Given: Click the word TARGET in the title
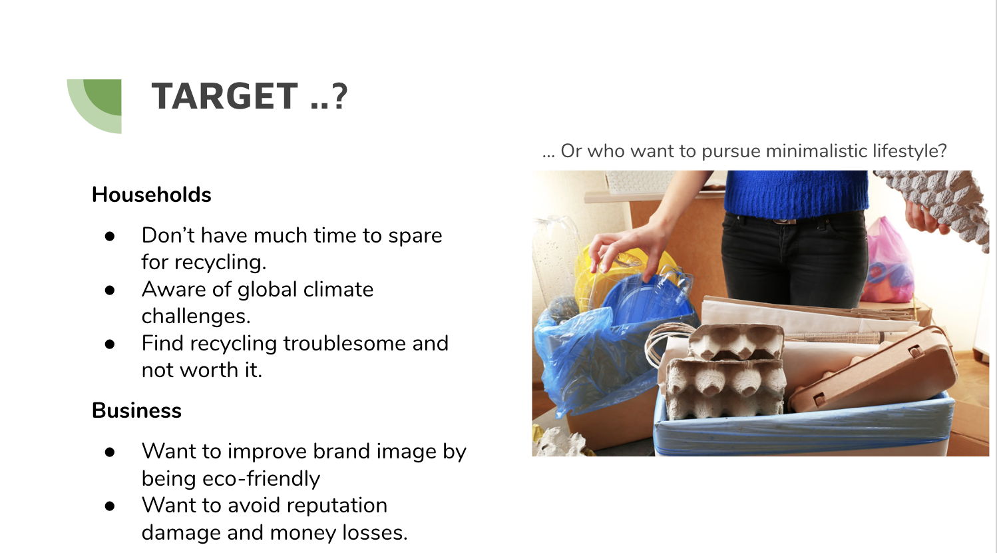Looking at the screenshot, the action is pyautogui.click(x=224, y=96).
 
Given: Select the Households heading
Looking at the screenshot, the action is pyautogui.click(x=151, y=195).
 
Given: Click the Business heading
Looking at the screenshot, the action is pyautogui.click(x=136, y=410).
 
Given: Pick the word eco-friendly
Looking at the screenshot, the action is pyautogui.click(x=261, y=479).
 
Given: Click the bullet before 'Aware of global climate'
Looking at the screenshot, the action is pyautogui.click(x=110, y=290).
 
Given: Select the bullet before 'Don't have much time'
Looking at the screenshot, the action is pyautogui.click(x=110, y=237).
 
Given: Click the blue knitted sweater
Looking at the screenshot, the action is pyautogui.click(x=796, y=193).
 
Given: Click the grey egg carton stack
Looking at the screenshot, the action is pyautogui.click(x=725, y=370).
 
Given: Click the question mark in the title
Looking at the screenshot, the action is pyautogui.click(x=339, y=96).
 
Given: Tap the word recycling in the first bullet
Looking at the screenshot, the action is pyautogui.click(x=220, y=263).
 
